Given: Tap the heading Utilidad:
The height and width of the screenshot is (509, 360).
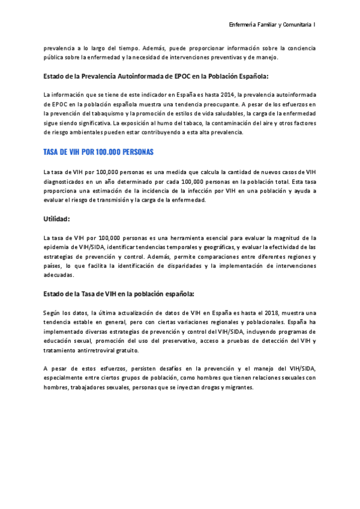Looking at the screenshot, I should pos(56,219).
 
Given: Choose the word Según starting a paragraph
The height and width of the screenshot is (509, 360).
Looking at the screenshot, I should pos(53,313).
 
